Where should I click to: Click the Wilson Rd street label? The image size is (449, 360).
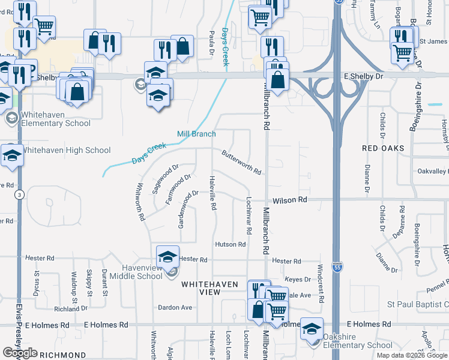click(x=290, y=199)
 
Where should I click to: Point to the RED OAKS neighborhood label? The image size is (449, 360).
click(x=382, y=148)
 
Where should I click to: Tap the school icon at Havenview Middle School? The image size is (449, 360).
click(x=168, y=257)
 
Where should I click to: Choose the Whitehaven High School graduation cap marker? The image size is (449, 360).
click(x=11, y=155)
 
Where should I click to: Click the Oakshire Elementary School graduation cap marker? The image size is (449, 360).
click(x=312, y=329)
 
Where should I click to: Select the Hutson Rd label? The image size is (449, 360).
click(x=231, y=244)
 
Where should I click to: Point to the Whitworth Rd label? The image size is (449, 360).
click(x=142, y=202)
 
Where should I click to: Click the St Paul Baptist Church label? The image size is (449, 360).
click(x=417, y=305)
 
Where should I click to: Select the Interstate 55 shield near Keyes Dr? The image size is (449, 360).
click(x=339, y=270)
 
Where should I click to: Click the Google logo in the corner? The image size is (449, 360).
click(x=20, y=353)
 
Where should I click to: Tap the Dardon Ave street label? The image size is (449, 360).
click(x=175, y=307)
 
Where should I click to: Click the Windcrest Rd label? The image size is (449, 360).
click(x=321, y=283)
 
